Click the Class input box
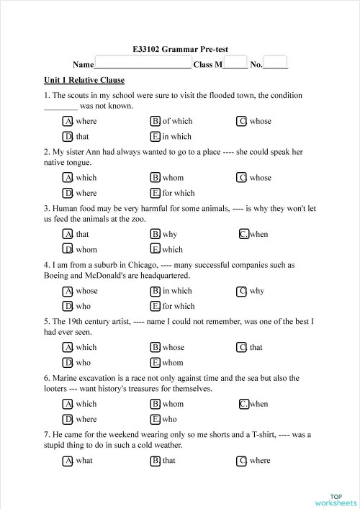click(x=235, y=63)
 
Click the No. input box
click(x=275, y=63)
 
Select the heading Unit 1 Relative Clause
click(x=84, y=80)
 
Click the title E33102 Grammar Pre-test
click(x=180, y=50)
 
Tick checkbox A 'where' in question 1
click(x=68, y=121)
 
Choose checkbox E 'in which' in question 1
click(x=156, y=136)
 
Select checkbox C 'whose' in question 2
click(x=243, y=178)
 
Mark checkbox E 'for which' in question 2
click(x=156, y=193)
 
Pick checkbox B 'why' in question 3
click(x=156, y=234)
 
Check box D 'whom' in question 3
click(x=68, y=250)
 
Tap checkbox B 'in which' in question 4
click(x=156, y=291)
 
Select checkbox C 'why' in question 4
click(x=243, y=291)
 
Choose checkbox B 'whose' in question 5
click(x=156, y=347)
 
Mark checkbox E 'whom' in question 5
click(x=156, y=363)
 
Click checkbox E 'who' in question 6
click(x=156, y=419)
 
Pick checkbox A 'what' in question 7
click(x=68, y=460)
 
